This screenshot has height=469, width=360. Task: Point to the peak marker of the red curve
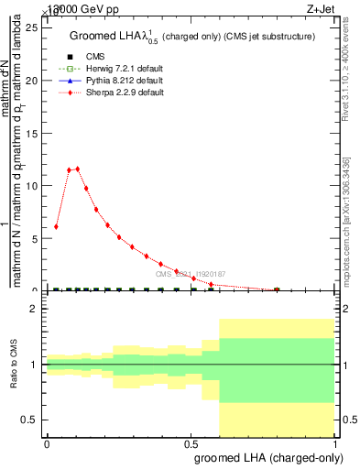77,169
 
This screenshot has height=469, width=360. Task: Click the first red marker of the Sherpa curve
56,226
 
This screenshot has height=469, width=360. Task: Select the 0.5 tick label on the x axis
191,444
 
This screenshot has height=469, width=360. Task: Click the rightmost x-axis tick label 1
335,444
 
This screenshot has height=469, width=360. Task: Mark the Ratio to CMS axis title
13,365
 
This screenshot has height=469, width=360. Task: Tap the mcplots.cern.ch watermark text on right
351,220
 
